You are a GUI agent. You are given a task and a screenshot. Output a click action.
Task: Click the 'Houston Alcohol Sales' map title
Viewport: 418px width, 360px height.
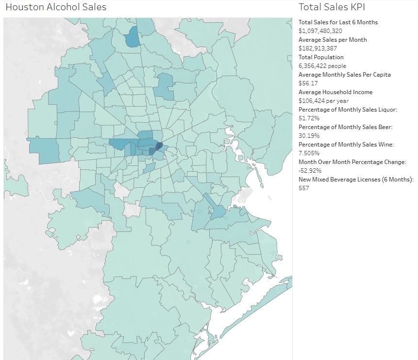pyautogui.click(x=56, y=7)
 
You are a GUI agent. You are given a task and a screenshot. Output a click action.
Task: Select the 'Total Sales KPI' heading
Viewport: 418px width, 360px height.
pyautogui.click(x=332, y=7)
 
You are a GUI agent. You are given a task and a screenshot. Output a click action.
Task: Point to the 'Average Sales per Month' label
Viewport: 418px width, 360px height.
pyautogui.click(x=333, y=39)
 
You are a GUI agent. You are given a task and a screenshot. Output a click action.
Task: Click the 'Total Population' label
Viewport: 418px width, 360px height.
pyautogui.click(x=321, y=57)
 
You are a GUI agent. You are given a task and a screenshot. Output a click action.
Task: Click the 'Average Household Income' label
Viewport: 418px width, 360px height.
pyautogui.click(x=335, y=92)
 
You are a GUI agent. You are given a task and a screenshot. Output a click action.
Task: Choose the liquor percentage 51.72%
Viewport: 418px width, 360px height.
pyautogui.click(x=309, y=118)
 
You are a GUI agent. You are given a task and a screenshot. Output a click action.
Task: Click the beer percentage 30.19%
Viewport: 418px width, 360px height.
pyautogui.click(x=309, y=135)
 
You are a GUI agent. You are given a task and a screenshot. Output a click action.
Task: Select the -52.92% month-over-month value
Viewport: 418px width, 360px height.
pyautogui.click(x=310, y=170)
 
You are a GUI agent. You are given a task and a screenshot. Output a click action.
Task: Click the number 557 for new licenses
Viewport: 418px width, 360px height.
pyautogui.click(x=304, y=188)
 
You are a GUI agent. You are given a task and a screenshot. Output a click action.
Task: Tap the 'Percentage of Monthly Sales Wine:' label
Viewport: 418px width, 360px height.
pyautogui.click(x=346, y=144)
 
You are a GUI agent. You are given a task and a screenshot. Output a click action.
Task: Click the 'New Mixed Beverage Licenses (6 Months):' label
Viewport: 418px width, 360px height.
pyautogui.click(x=356, y=179)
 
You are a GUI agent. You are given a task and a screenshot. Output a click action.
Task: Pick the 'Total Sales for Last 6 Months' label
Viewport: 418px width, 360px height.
pyautogui.click(x=338, y=22)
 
